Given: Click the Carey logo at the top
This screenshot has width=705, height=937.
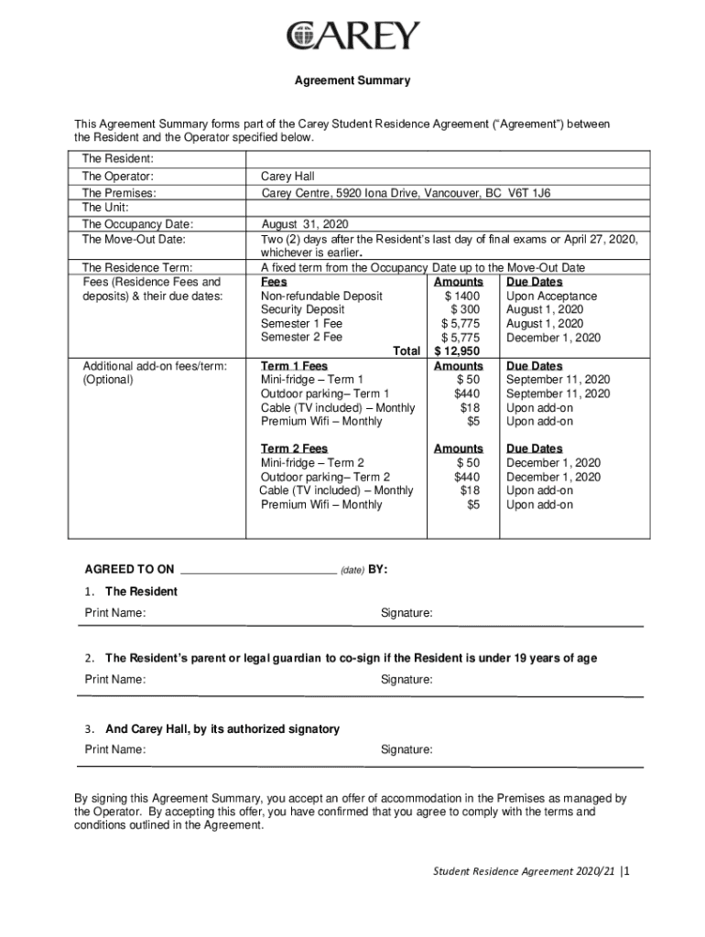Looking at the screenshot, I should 352,36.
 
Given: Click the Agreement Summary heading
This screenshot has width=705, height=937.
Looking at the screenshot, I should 352,81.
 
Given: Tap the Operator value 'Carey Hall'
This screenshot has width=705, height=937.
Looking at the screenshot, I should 287,177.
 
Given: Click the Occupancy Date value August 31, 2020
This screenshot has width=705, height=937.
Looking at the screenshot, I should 304,224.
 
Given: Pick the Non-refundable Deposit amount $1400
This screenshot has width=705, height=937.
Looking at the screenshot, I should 461,296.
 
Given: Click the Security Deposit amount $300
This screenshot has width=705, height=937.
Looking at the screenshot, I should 464,310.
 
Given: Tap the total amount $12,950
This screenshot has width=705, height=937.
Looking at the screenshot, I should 457,351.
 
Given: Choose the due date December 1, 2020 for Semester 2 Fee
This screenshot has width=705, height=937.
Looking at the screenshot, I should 553,338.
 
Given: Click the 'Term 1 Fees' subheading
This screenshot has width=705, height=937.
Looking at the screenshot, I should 294,366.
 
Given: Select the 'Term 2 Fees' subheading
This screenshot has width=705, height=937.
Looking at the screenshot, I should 294,448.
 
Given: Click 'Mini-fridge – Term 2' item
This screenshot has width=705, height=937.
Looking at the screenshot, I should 312,463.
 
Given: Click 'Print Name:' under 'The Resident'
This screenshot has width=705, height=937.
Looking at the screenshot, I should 114,613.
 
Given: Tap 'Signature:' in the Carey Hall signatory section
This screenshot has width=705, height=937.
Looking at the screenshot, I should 407,750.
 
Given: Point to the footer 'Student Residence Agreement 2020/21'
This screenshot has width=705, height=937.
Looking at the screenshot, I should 524,872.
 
